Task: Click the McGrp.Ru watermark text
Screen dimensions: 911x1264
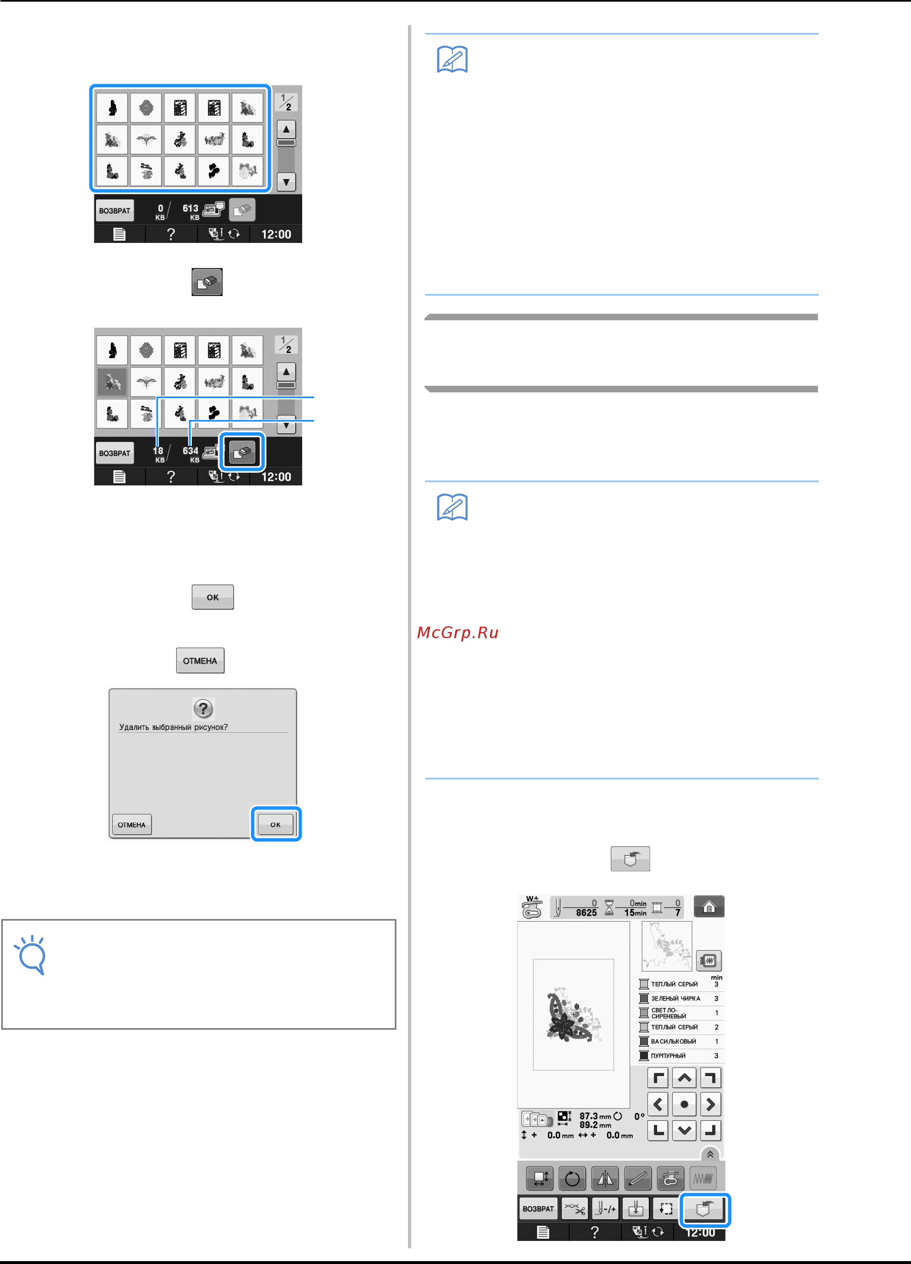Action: (x=457, y=632)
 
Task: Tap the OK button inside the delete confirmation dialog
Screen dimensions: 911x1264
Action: (x=275, y=824)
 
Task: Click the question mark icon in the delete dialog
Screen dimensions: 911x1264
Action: (x=203, y=708)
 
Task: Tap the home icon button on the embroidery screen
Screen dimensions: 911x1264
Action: (x=709, y=906)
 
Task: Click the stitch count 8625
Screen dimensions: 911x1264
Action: (x=586, y=912)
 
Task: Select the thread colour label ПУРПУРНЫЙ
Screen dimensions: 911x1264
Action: (x=668, y=1056)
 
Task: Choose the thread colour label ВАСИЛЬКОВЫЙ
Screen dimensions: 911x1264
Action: (x=673, y=1041)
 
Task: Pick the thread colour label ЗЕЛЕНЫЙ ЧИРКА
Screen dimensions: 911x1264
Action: (x=675, y=998)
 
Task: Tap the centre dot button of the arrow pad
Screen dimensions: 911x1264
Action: (x=684, y=1104)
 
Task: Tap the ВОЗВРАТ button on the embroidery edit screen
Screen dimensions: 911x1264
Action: (x=538, y=1209)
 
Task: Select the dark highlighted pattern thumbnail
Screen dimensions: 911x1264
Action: (x=112, y=382)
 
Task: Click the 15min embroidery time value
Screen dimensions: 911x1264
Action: (x=635, y=913)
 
